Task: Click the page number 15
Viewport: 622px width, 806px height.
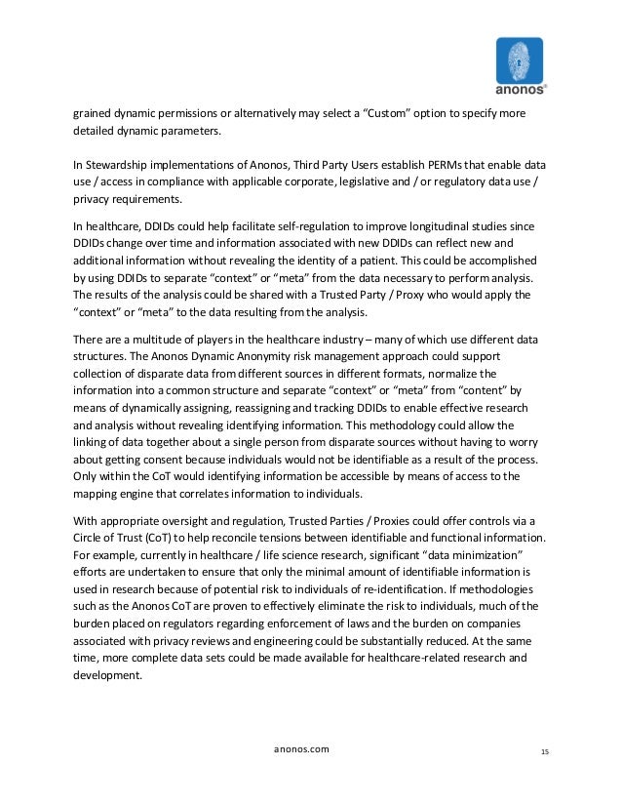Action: click(x=543, y=749)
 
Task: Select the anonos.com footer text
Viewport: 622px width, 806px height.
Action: click(x=304, y=748)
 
